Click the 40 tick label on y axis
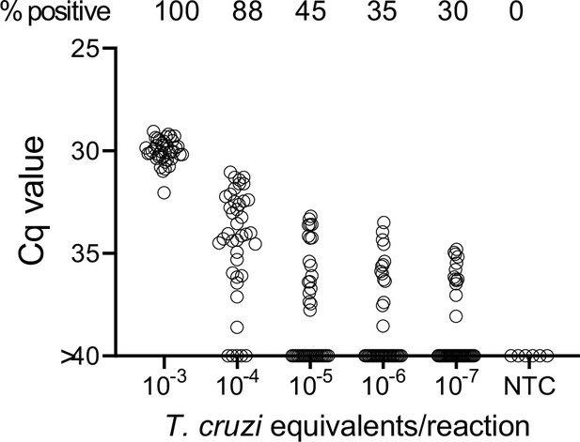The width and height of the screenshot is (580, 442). click(x=86, y=356)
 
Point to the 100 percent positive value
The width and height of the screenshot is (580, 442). click(x=165, y=13)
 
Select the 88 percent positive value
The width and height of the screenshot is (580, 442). click(x=238, y=13)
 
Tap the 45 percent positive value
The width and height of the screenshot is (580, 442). click(x=310, y=13)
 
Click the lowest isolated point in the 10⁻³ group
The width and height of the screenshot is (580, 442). click(x=164, y=192)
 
